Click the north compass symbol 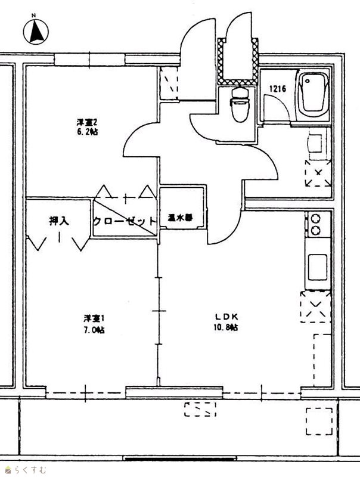36,31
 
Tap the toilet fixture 238,104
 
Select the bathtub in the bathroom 314,95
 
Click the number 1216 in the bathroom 277,89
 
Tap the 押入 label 59,221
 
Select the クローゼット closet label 125,221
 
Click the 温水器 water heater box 180,218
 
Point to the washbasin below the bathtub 316,144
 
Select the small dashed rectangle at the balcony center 200,409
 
